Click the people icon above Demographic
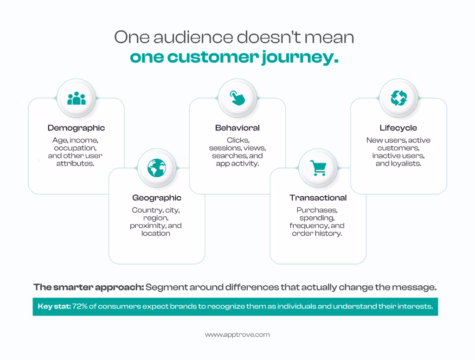77,98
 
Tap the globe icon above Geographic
157,168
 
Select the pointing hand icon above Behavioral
237,98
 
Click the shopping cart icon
318,168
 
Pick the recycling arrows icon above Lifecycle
398,98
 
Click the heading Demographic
76,128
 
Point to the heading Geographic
157,198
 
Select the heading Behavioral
237,128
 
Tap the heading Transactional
318,198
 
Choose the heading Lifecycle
398,128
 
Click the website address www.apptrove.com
237,335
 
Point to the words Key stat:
54,306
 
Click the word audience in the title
193,37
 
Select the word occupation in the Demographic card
75,148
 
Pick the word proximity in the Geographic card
148,226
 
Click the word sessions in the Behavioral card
223,148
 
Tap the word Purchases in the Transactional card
317,210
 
